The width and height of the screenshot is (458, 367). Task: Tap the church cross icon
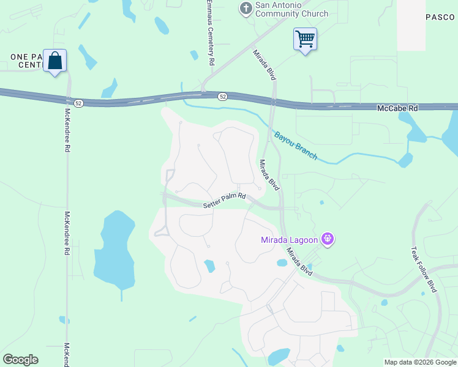[246, 9]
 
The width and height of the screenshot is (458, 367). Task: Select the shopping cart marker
[305, 40]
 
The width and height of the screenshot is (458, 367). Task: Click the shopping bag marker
[54, 61]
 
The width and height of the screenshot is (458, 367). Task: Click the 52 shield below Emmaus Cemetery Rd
[222, 97]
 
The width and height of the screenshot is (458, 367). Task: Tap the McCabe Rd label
[397, 108]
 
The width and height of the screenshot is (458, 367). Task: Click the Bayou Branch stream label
[296, 146]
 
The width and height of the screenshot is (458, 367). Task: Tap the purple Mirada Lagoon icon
[328, 239]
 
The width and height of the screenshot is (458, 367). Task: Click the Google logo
[20, 360]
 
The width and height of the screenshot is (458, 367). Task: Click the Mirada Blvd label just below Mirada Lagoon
[298, 262]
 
